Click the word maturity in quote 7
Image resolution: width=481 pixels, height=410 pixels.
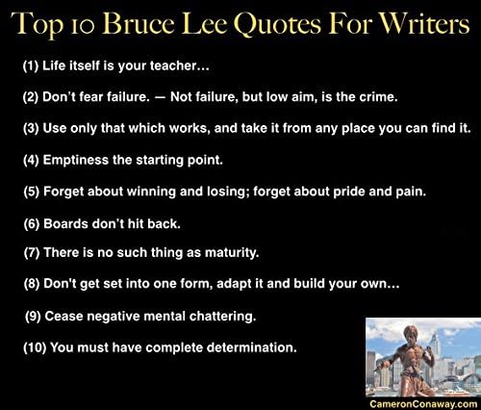(x=226, y=253)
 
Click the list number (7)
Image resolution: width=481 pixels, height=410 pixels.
(x=33, y=253)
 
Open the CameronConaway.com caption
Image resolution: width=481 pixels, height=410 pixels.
(x=421, y=403)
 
